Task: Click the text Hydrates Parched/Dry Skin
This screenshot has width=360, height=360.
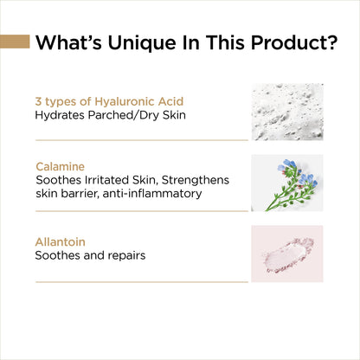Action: pos(103,114)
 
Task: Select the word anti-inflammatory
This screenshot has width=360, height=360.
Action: pos(154,193)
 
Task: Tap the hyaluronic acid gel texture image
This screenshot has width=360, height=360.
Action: pos(286,112)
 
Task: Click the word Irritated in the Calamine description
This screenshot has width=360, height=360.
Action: pos(109,179)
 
